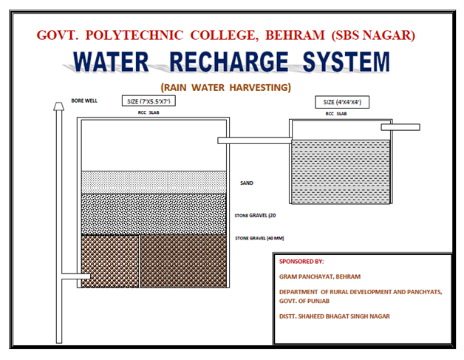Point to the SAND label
[x=247, y=183]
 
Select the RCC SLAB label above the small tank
[x=341, y=115]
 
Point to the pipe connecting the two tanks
[x=255, y=139]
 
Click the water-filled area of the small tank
[x=341, y=170]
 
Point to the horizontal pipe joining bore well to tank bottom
[x=71, y=278]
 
